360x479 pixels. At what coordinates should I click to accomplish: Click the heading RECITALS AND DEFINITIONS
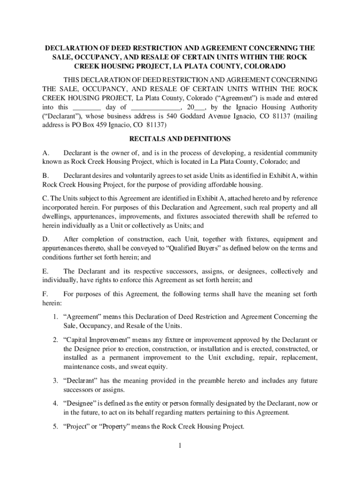(180, 139)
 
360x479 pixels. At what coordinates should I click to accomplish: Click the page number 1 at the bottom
(180, 445)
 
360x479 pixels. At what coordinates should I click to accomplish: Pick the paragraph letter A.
(45, 153)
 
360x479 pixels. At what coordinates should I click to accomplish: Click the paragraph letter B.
(45, 175)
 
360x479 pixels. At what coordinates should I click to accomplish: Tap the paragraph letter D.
(45, 239)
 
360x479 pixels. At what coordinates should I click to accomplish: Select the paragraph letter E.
(45, 271)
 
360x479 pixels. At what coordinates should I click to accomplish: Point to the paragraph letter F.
(45, 294)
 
